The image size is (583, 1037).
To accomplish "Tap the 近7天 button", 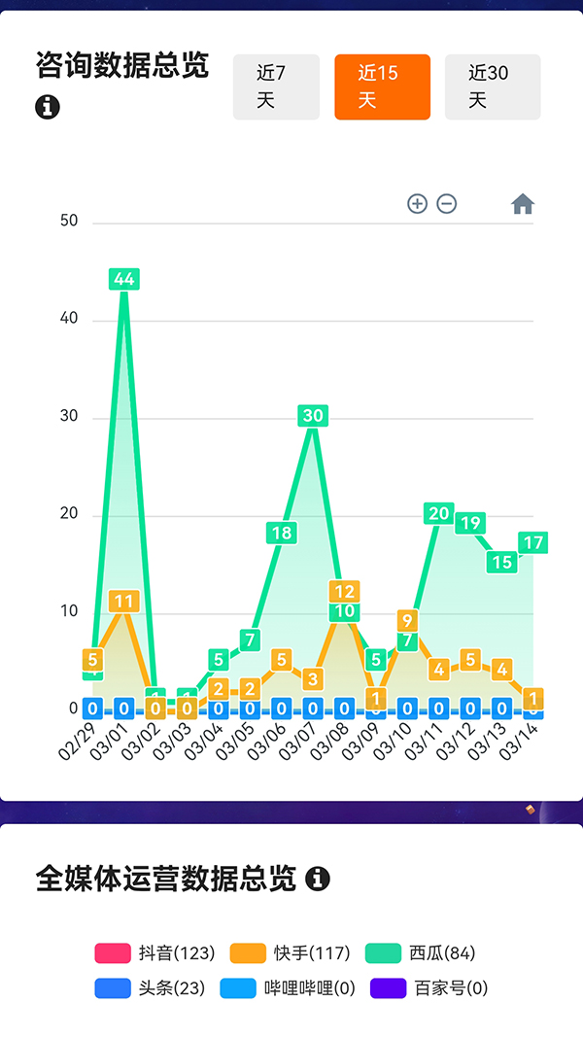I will (276, 86).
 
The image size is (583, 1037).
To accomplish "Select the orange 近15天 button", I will (382, 86).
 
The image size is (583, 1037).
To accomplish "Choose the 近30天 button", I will (492, 86).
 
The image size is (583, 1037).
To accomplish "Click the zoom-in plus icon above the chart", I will (417, 204).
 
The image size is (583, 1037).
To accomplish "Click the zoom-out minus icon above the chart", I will (447, 204).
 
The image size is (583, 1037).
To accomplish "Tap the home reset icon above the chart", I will (523, 204).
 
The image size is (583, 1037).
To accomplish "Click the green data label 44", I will (124, 279).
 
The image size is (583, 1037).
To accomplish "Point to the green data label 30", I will (313, 416).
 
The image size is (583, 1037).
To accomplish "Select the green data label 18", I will (281, 533).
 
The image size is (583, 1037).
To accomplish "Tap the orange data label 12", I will (344, 591).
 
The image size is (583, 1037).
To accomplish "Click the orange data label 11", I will (123, 602).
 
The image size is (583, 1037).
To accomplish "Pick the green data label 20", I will (439, 513).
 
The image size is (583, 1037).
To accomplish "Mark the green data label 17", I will (532, 542).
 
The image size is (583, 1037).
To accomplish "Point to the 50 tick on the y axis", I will (69, 221).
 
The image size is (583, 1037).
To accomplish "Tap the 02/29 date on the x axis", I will (79, 743).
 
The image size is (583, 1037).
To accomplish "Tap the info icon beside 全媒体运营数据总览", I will (318, 880).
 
